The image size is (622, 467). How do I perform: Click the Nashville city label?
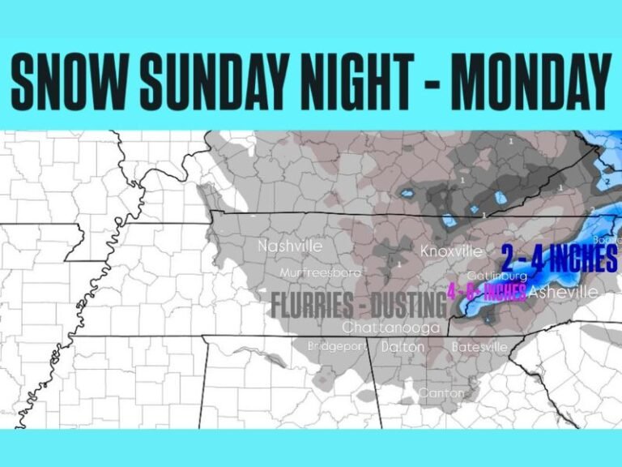(290, 246)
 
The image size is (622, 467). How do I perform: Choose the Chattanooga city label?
(390, 328)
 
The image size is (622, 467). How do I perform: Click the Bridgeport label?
(336, 346)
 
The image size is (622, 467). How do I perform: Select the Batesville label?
(479, 346)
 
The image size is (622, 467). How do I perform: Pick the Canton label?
(441, 393)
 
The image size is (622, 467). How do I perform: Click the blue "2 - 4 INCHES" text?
(559, 259)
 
